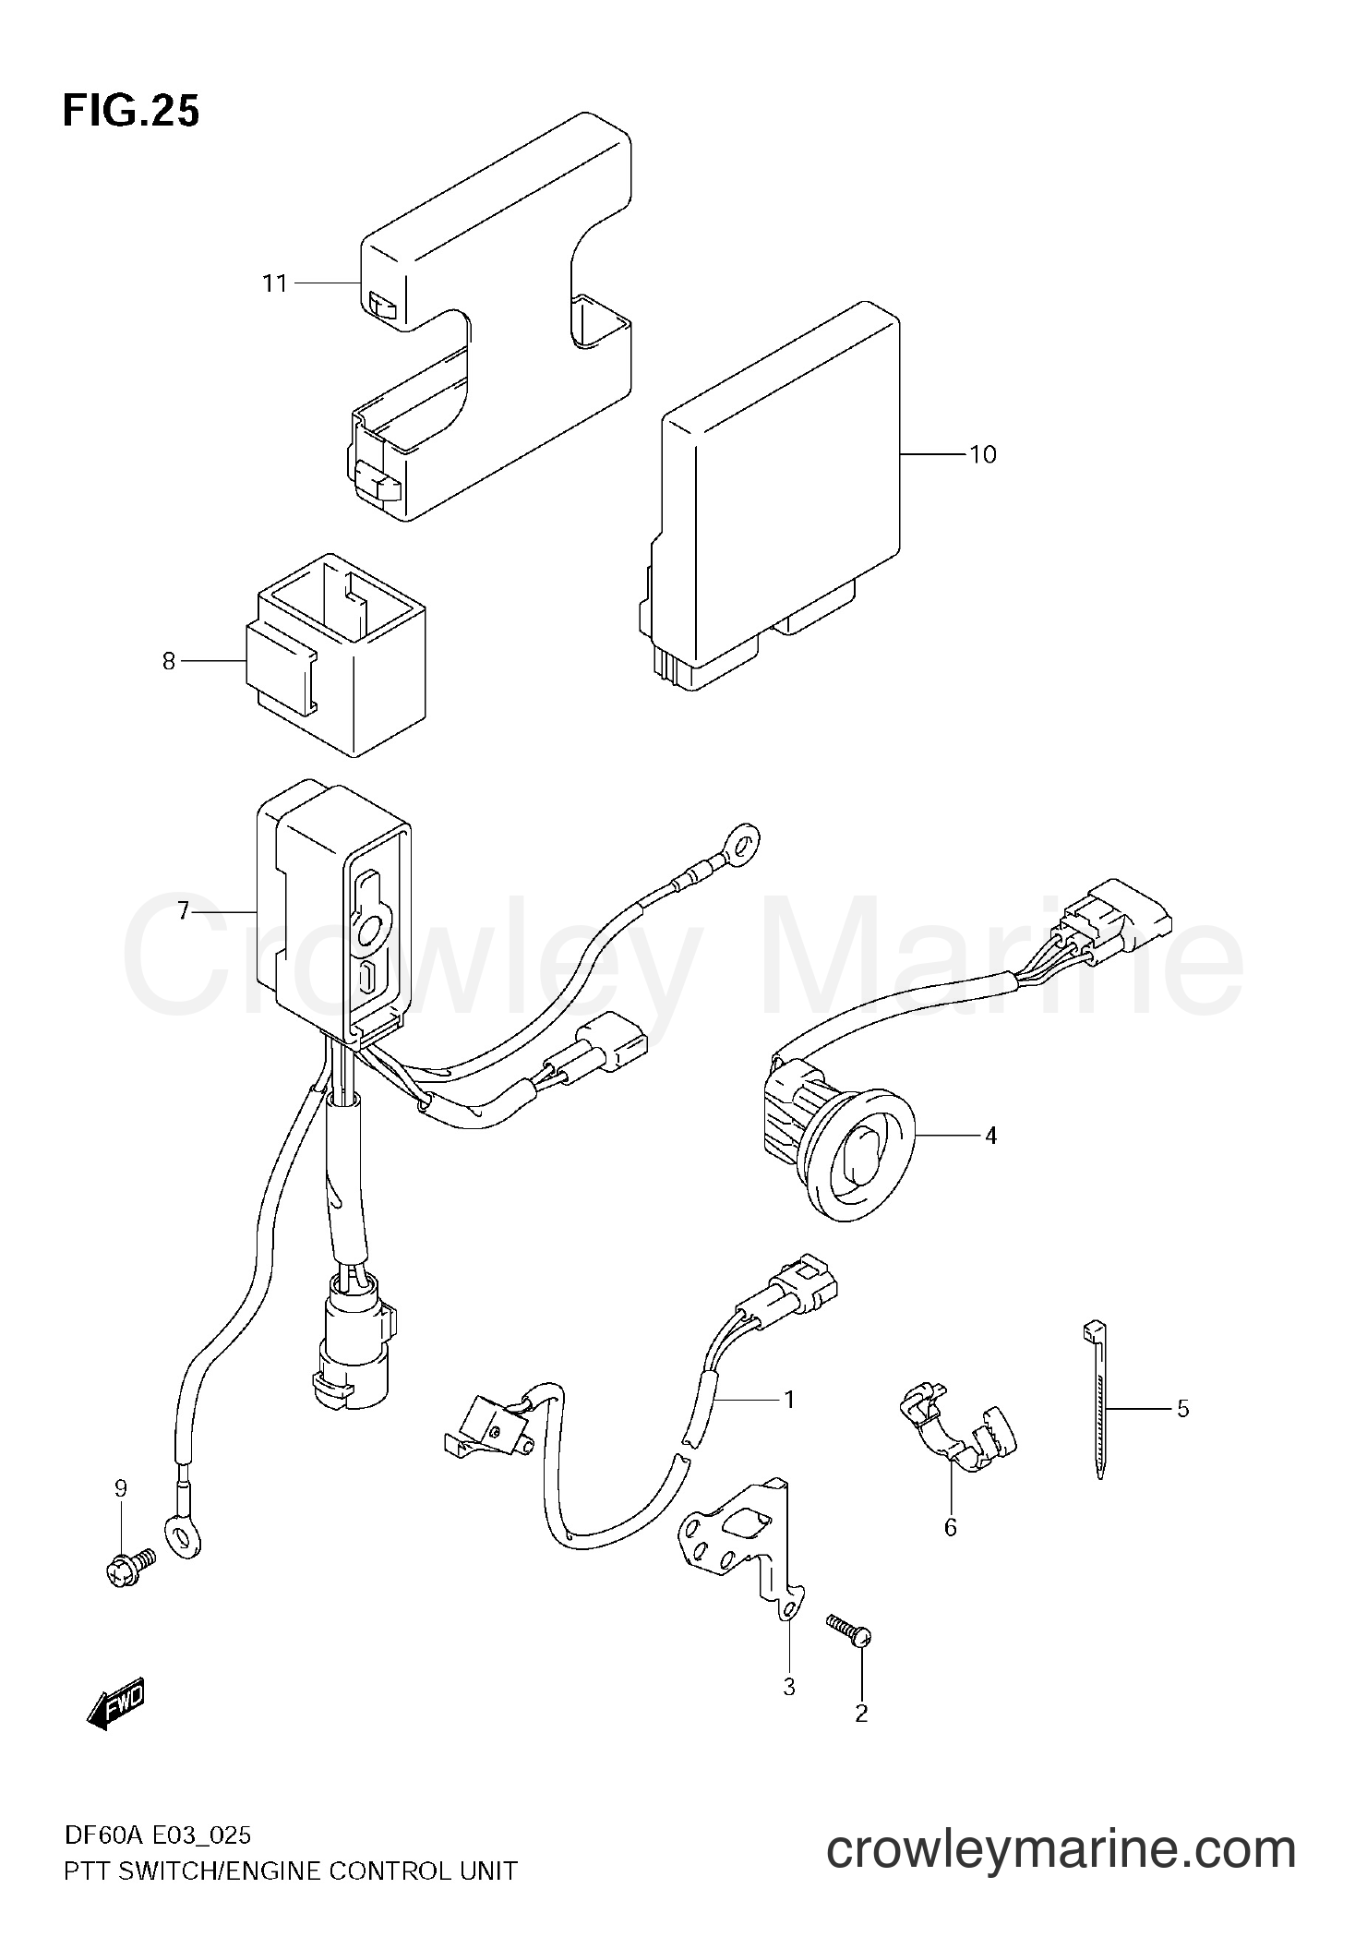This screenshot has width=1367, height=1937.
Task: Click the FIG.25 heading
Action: pyautogui.click(x=131, y=111)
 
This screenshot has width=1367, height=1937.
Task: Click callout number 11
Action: pyautogui.click(x=275, y=283)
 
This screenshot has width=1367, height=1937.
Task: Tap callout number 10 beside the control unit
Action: pyautogui.click(x=983, y=454)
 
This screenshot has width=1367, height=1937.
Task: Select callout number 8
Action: pyautogui.click(x=168, y=661)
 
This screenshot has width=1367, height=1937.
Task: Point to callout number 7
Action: pyautogui.click(x=183, y=911)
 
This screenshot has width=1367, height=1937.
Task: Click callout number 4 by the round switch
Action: pyautogui.click(x=990, y=1135)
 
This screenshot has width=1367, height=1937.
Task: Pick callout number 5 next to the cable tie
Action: pyautogui.click(x=1182, y=1409)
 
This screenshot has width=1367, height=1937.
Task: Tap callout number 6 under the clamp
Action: pyautogui.click(x=950, y=1527)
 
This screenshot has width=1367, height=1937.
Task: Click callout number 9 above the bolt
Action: pyautogui.click(x=121, y=1487)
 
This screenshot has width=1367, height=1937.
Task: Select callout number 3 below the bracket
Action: pyautogui.click(x=788, y=1687)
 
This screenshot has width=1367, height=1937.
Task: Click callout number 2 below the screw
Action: pyautogui.click(x=861, y=1714)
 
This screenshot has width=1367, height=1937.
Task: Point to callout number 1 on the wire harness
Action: pyautogui.click(x=788, y=1400)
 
